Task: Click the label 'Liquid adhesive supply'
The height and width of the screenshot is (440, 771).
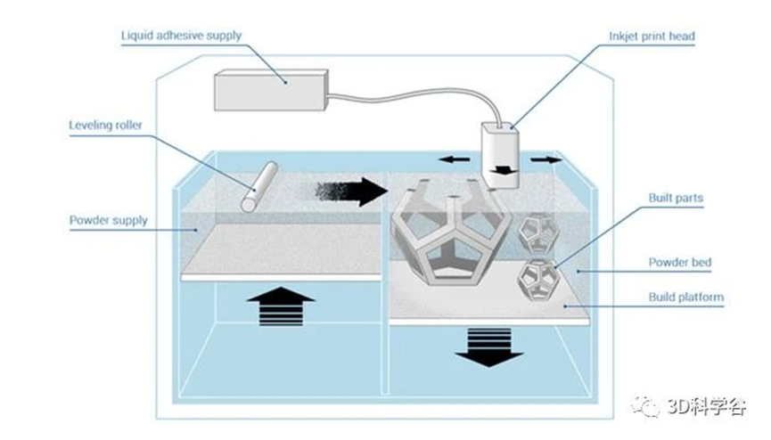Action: tap(182, 36)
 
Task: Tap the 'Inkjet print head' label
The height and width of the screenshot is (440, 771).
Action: tap(652, 37)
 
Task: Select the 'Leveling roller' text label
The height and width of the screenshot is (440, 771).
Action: tap(105, 125)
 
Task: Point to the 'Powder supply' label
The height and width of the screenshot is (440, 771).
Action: tap(108, 220)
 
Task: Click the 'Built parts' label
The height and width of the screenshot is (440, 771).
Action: tap(676, 198)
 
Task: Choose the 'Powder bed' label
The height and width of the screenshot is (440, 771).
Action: tap(679, 262)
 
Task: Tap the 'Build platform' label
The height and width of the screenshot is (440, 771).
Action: tap(686, 297)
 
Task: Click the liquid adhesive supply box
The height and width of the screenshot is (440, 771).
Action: tap(270, 90)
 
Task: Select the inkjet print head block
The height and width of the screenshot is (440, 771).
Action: tap(500, 155)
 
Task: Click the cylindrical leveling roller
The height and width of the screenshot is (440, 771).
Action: tap(259, 187)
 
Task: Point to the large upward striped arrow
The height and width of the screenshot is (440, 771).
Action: tap(281, 306)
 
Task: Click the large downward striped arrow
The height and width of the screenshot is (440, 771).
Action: tap(489, 347)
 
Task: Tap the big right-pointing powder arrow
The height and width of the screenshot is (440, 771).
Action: tap(351, 191)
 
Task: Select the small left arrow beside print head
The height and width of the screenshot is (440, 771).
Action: tap(455, 159)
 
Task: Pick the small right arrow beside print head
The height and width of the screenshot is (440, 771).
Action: tap(545, 159)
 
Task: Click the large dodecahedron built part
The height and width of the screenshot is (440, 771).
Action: tap(451, 232)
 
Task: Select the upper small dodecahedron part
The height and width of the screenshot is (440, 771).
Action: tap(538, 233)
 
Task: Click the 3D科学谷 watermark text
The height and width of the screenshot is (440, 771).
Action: tap(706, 406)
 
